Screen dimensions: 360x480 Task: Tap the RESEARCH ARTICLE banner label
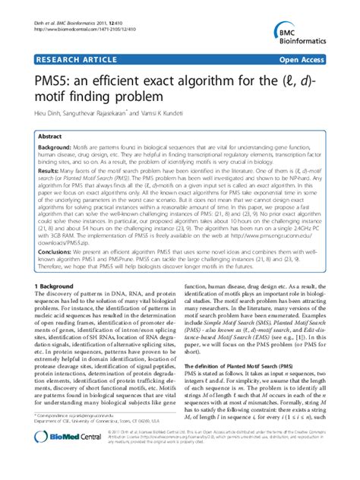71,58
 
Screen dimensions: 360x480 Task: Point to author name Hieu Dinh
47,109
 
